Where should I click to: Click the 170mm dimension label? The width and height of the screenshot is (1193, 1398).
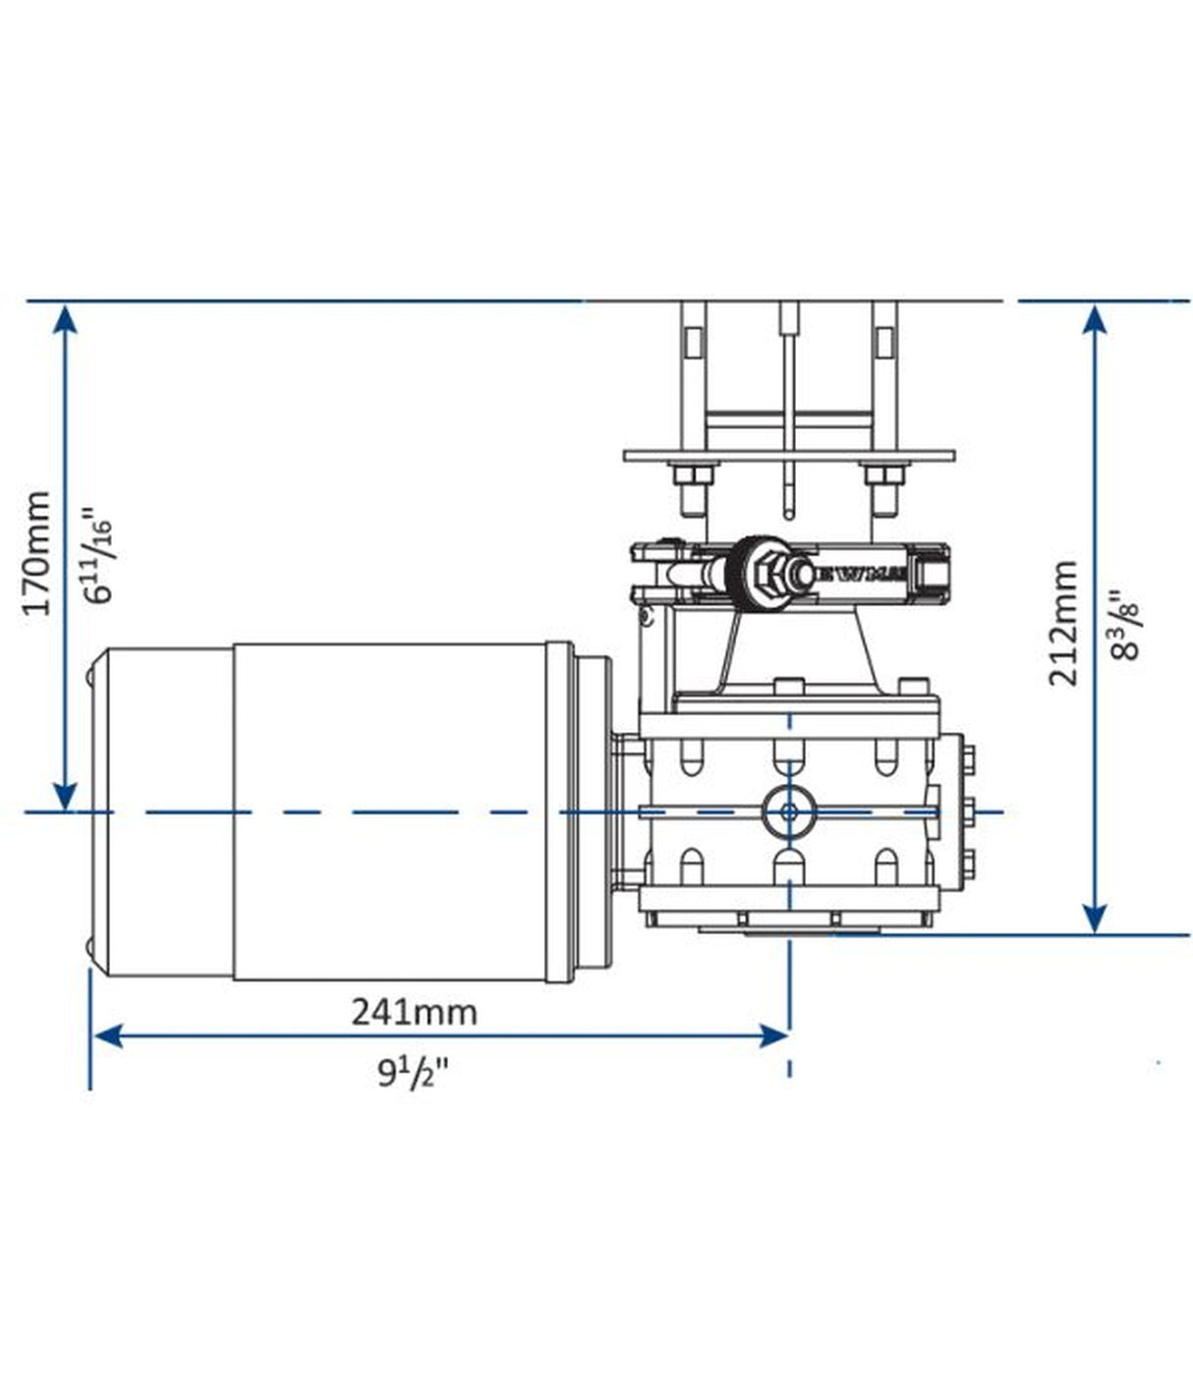37,552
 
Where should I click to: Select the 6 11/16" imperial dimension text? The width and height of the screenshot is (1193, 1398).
98,554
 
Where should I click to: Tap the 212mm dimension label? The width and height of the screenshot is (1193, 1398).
1063,623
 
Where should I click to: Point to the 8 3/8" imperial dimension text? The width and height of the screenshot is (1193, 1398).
1122,625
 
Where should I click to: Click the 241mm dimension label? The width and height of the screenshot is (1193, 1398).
414,1011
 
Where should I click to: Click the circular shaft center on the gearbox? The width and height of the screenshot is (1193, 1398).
788,811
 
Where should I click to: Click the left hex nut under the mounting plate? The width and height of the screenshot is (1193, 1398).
693,477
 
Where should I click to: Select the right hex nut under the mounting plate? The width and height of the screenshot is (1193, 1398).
881,477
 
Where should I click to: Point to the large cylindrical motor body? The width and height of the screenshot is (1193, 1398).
393,811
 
